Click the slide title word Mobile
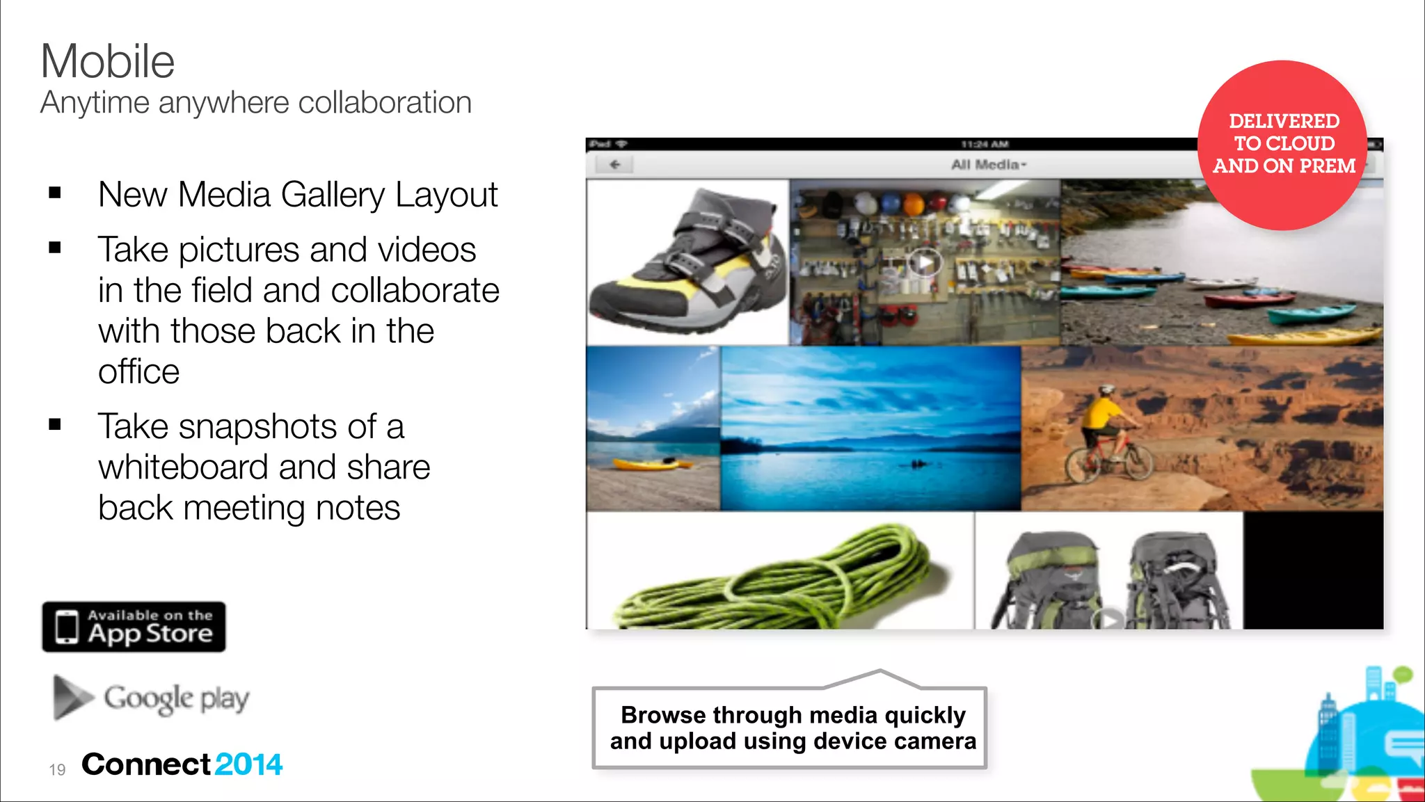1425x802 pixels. (x=108, y=61)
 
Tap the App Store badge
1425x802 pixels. (x=134, y=627)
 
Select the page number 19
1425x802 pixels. (x=57, y=769)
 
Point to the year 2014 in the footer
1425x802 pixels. (x=248, y=764)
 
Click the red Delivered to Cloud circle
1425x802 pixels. (x=1282, y=145)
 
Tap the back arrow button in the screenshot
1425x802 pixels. (x=614, y=165)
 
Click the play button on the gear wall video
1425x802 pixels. (x=925, y=263)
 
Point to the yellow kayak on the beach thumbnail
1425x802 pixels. (x=644, y=464)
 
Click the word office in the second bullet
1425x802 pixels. (x=139, y=371)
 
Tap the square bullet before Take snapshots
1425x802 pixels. (x=55, y=424)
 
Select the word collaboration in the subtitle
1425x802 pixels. (x=385, y=103)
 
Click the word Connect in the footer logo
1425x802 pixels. (x=146, y=764)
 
